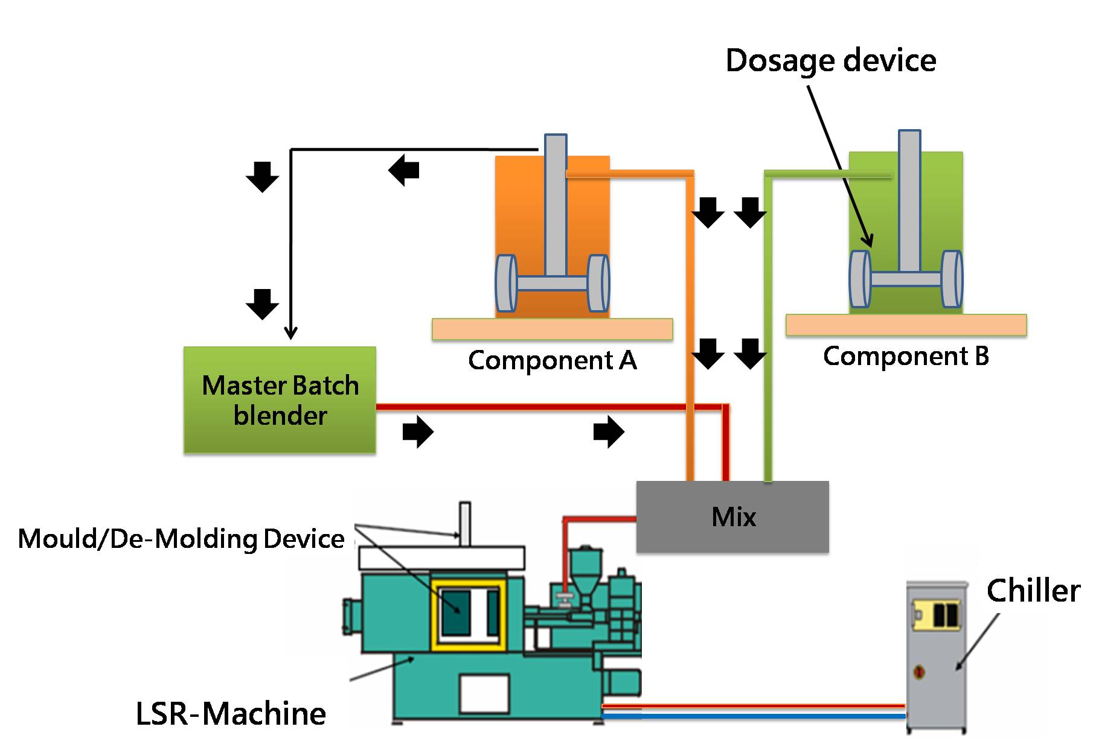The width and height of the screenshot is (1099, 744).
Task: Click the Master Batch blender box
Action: (x=280, y=399)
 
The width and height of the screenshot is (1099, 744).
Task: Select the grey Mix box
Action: (x=732, y=517)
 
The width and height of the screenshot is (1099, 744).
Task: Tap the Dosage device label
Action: (x=830, y=60)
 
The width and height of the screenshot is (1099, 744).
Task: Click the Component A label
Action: (x=552, y=360)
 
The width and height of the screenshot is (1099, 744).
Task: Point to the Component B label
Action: (x=906, y=355)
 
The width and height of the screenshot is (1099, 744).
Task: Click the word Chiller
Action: (x=1033, y=590)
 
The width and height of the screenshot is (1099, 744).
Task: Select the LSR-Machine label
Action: (x=231, y=713)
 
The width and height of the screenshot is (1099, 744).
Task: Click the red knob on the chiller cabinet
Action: (x=919, y=671)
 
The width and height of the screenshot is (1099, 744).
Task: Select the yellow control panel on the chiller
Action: (x=935, y=615)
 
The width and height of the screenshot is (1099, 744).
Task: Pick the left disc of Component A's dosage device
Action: (x=506, y=283)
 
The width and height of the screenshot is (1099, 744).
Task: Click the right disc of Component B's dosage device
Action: (x=952, y=279)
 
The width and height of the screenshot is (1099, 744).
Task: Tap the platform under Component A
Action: (x=552, y=329)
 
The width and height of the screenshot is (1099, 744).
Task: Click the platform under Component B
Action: (x=906, y=325)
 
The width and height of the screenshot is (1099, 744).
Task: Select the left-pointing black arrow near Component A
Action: (x=403, y=170)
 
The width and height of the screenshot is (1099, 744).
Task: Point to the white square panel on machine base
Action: (x=484, y=693)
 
